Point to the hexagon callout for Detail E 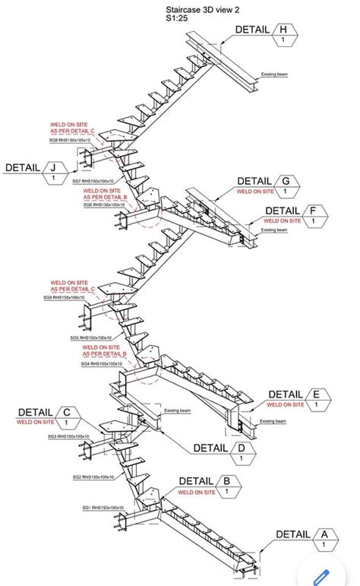317,400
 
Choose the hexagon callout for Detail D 242,453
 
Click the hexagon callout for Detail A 324,540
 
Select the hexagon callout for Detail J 54,173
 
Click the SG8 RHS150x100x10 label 70,141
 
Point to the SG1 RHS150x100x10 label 103,508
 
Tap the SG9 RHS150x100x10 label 70,298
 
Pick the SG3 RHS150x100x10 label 68,437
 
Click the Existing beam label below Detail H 274,74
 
